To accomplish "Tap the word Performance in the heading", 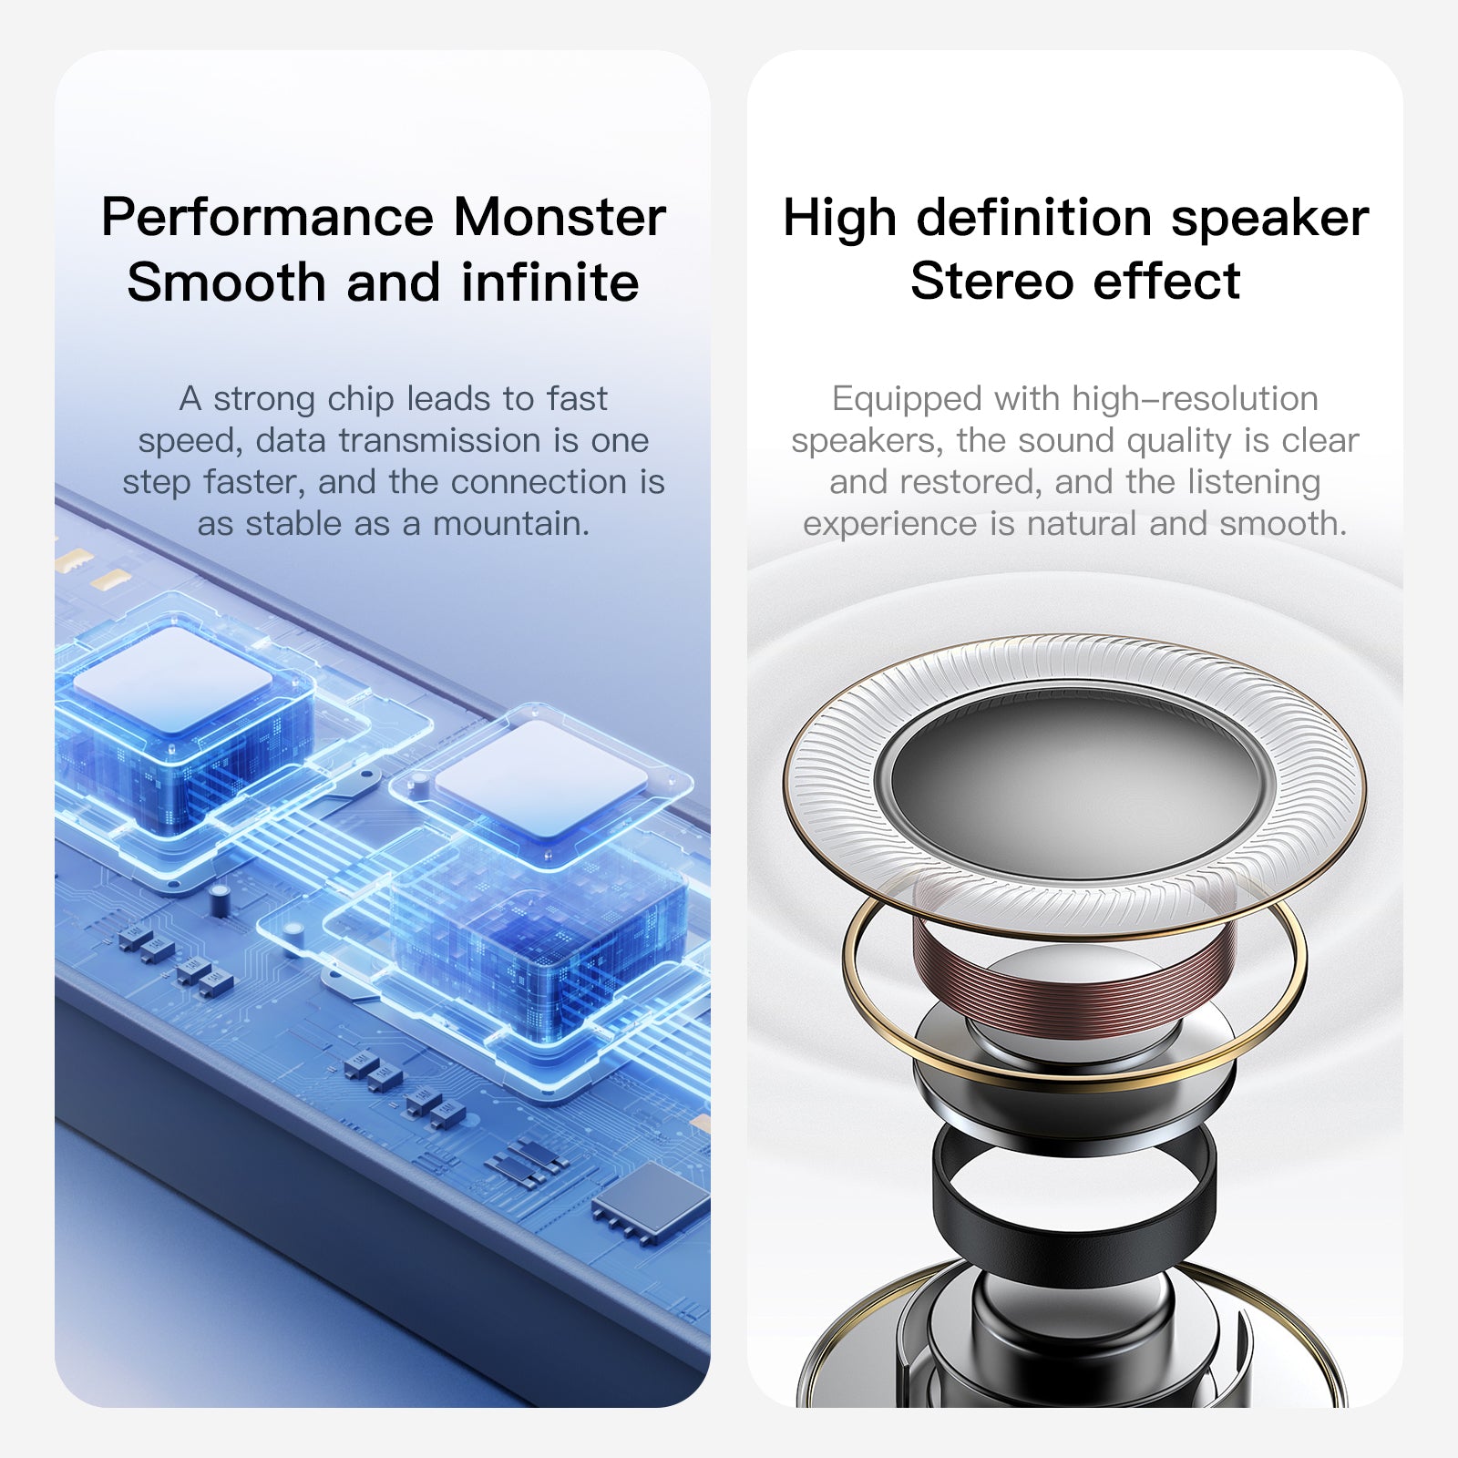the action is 267,219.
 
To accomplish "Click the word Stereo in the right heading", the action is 991,281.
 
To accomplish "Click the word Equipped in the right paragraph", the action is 907,399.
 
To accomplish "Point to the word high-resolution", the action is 1195,399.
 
